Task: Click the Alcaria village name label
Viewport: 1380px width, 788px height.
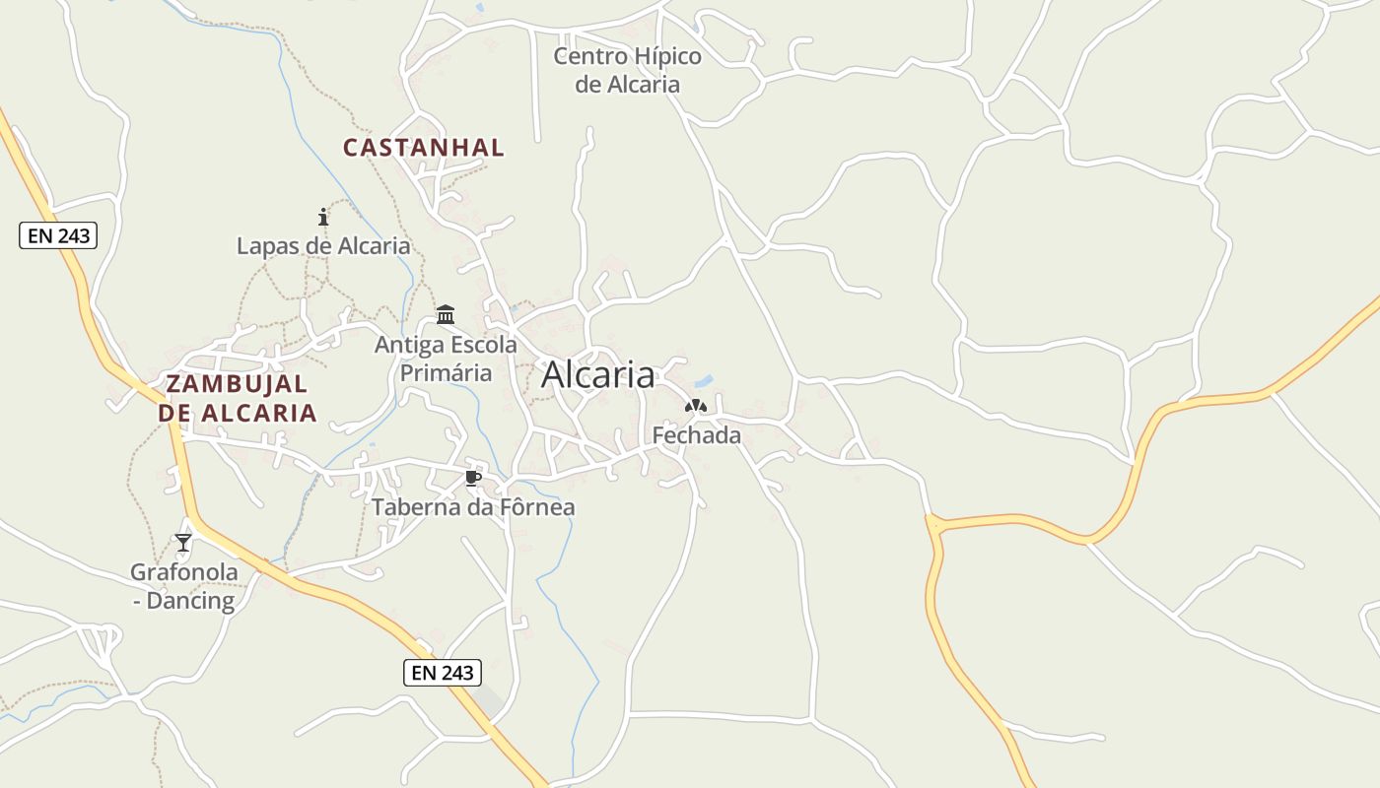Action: click(x=597, y=375)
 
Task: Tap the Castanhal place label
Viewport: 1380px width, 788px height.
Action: click(x=423, y=148)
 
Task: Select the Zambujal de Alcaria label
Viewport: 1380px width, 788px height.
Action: click(x=238, y=398)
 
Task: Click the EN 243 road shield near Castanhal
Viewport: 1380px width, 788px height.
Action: click(x=58, y=235)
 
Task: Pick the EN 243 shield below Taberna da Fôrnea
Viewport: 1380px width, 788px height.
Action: click(x=443, y=673)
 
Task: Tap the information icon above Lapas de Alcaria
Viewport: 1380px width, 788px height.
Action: click(x=323, y=217)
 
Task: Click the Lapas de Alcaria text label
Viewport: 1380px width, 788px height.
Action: click(x=323, y=245)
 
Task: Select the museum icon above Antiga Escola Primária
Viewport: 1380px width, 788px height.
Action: click(x=446, y=315)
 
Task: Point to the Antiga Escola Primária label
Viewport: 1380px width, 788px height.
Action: click(x=446, y=359)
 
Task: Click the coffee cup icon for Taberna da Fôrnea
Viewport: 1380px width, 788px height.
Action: click(x=473, y=479)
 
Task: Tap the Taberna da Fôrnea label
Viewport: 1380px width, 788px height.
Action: click(x=473, y=507)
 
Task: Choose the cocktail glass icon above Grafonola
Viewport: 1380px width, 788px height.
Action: click(x=183, y=542)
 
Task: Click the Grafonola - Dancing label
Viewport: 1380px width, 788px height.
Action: click(x=184, y=586)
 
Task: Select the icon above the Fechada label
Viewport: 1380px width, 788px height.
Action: click(x=696, y=405)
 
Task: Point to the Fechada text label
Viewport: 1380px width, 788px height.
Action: click(x=696, y=434)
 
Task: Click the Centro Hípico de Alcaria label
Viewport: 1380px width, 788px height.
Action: click(x=628, y=70)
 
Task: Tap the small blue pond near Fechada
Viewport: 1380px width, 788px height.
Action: click(x=704, y=380)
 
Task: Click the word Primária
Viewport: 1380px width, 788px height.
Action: click(x=446, y=373)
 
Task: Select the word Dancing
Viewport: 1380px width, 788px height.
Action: click(x=190, y=601)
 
